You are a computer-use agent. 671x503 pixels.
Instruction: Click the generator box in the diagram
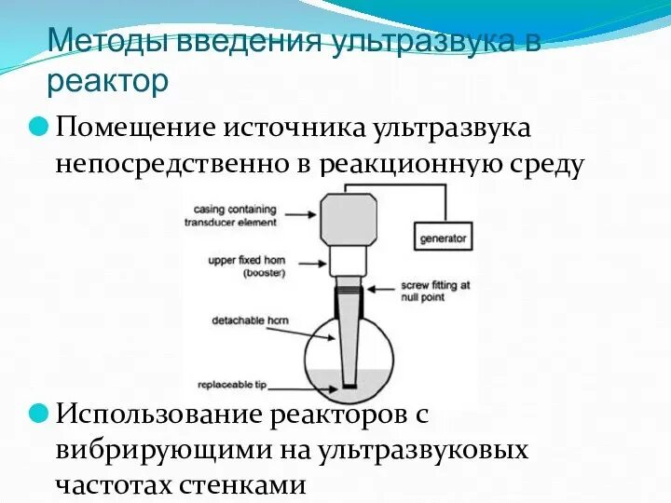[x=442, y=238]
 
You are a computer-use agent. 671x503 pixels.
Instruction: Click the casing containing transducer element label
[x=236, y=215]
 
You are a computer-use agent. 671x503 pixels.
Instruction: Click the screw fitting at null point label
[x=434, y=290]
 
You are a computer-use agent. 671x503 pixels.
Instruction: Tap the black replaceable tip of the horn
[x=349, y=383]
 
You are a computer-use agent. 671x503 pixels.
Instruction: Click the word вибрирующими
[x=163, y=449]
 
